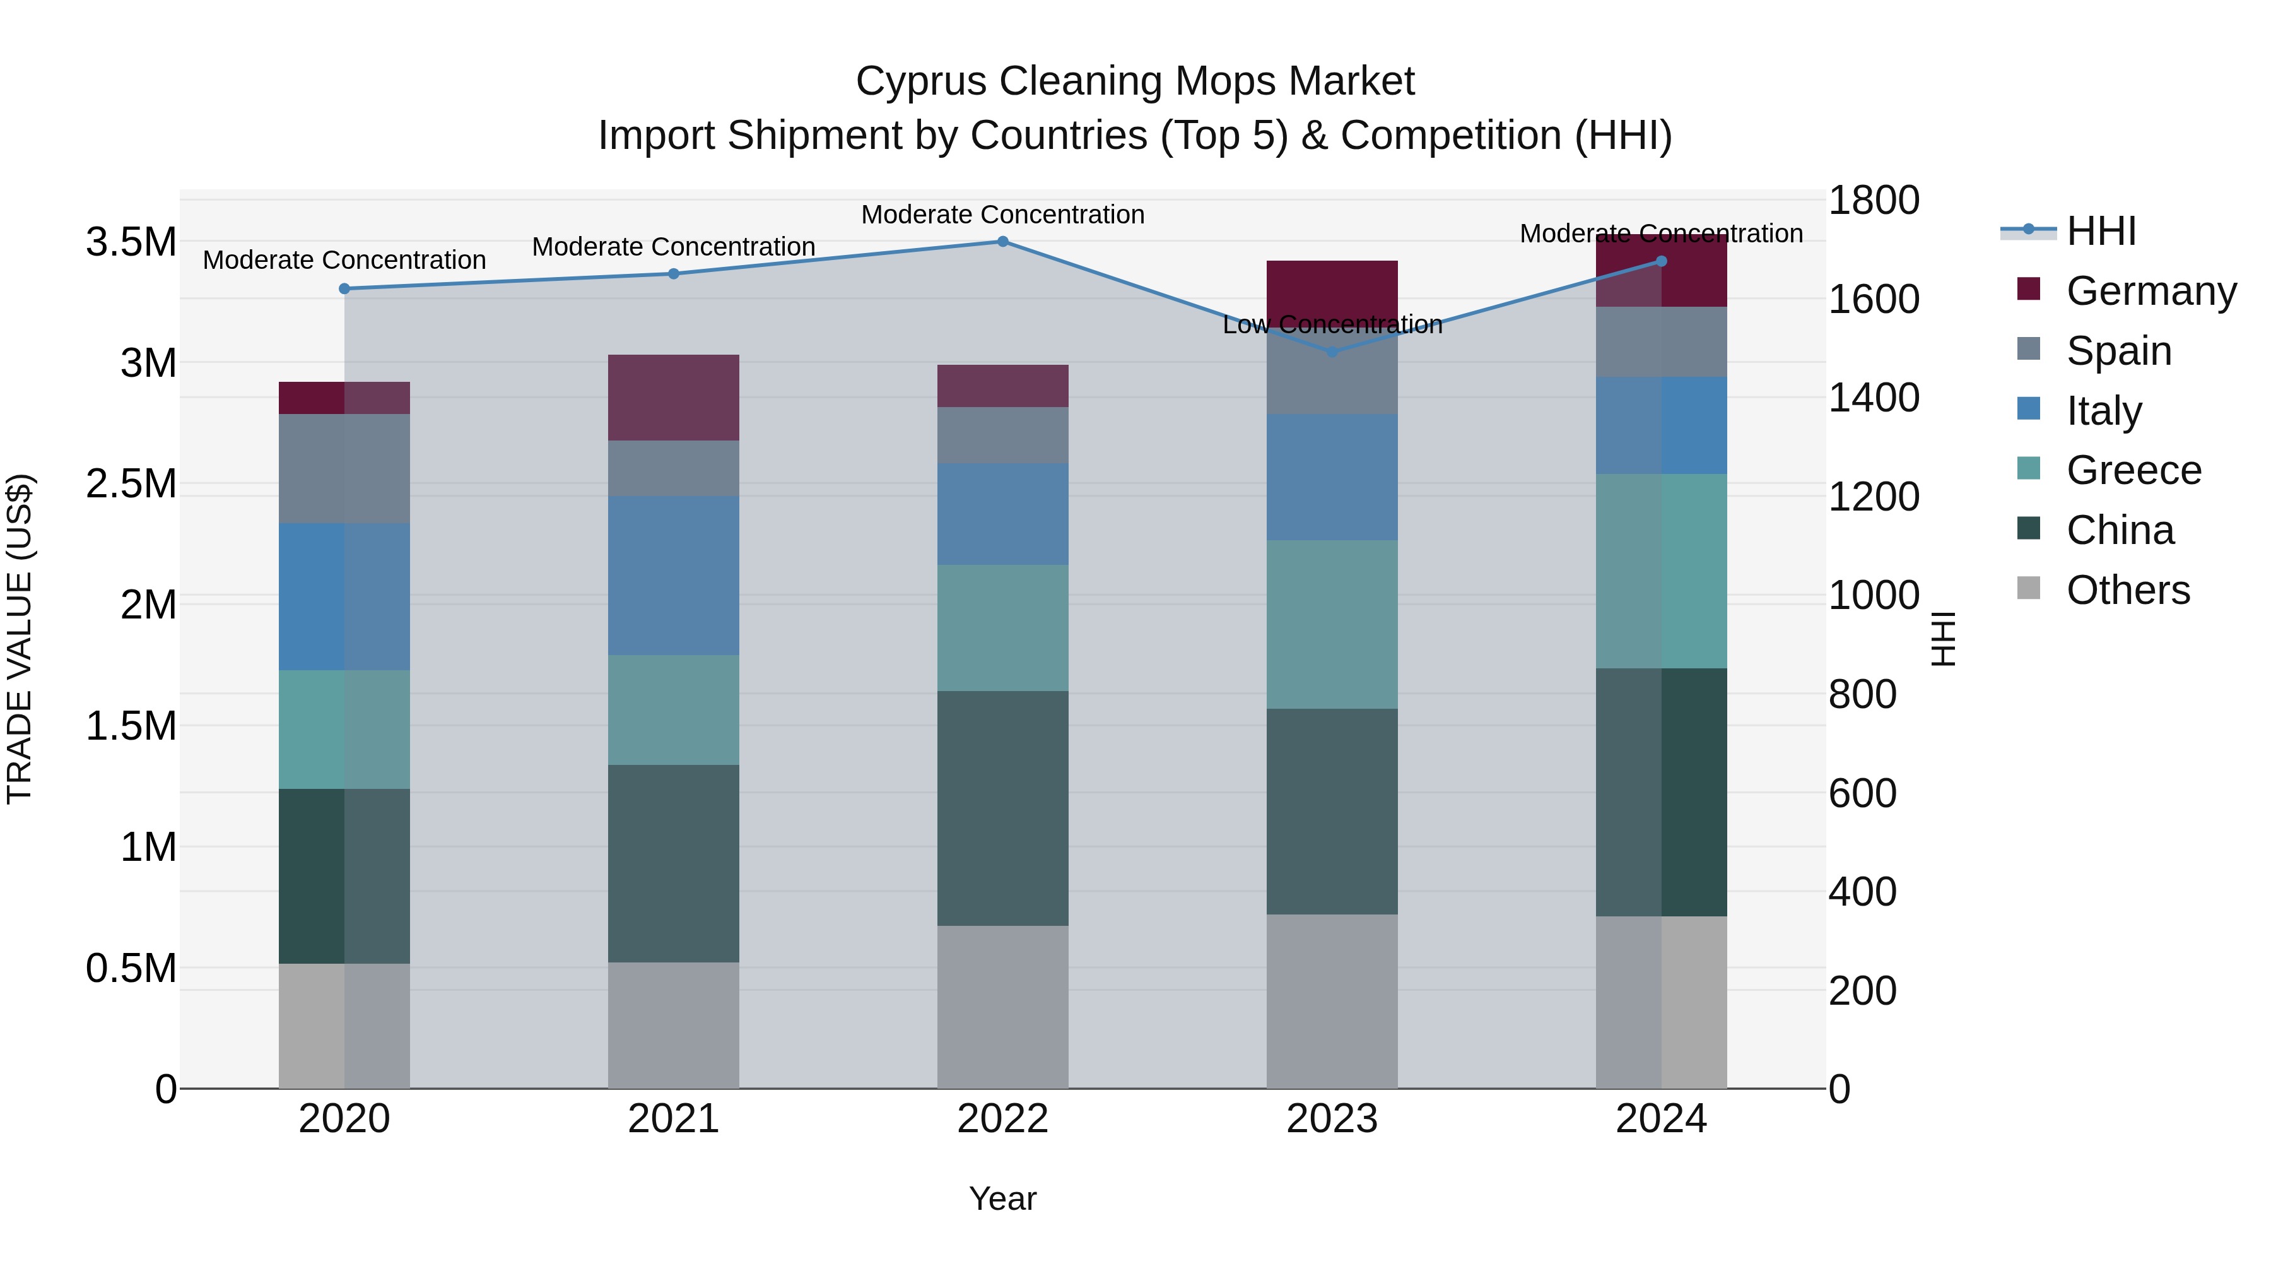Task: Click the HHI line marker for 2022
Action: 1002,242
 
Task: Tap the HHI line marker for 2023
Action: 1332,352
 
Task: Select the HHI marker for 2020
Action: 344,288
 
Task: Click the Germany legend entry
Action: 2151,291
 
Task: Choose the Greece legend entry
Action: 2133,470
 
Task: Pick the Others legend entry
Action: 2127,590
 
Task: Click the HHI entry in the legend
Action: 2100,231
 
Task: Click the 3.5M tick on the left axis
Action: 131,242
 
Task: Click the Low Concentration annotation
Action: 1332,324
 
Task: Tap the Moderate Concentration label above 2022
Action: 1002,215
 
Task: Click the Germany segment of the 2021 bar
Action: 674,397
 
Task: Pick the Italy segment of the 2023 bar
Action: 1332,477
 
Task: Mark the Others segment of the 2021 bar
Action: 674,1025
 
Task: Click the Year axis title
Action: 1002,1198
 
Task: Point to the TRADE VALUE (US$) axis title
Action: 20,639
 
